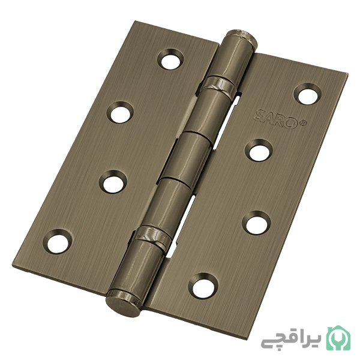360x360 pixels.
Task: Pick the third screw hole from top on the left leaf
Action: pyautogui.click(x=113, y=182)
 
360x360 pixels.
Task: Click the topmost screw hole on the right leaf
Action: pyautogui.click(x=308, y=94)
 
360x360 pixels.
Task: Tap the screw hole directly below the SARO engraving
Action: pyautogui.click(x=258, y=151)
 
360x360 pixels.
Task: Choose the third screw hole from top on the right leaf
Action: pyautogui.click(x=256, y=222)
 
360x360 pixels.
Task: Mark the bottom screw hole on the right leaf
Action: pyautogui.click(x=203, y=286)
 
